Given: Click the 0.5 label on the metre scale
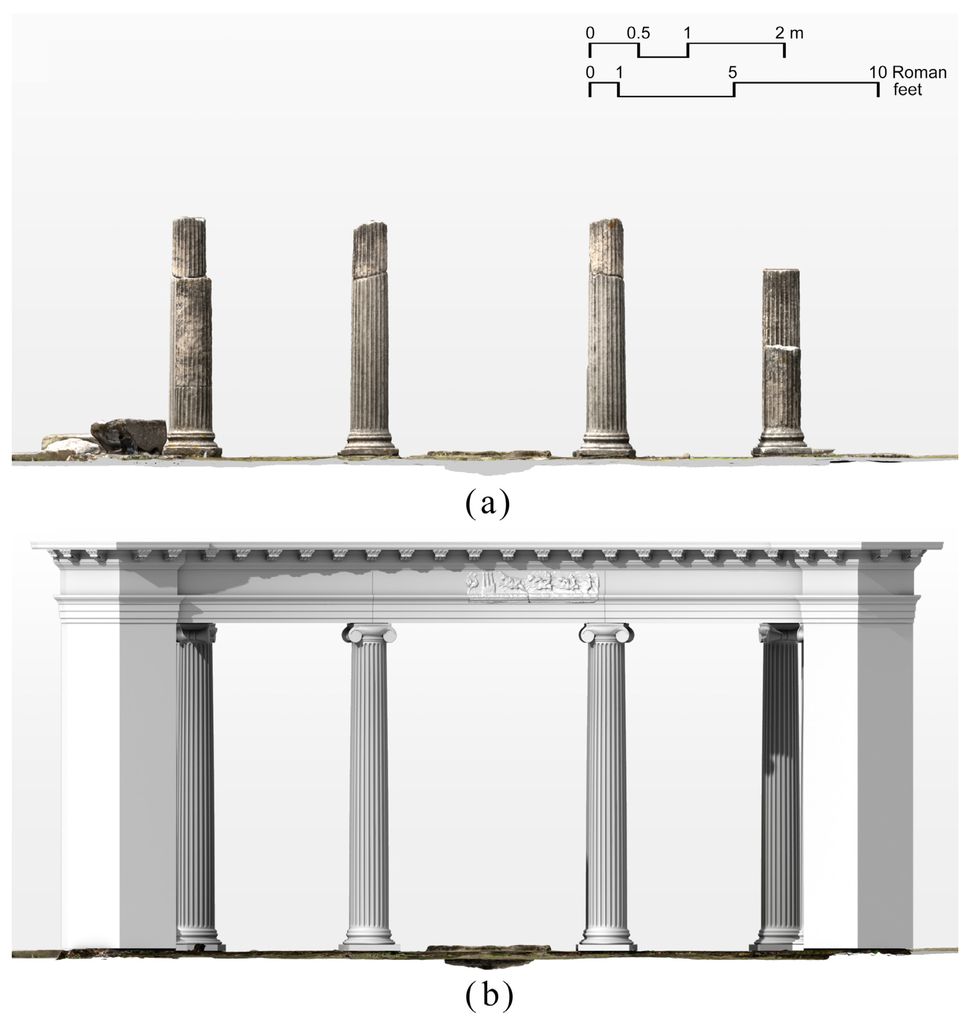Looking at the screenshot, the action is (639, 33).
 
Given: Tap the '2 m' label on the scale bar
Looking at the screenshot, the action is (789, 33).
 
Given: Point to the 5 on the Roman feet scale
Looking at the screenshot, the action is (732, 72).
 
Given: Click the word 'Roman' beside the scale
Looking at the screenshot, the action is (919, 72).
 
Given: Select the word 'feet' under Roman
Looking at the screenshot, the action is (908, 89).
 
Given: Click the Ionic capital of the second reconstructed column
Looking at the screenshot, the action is (369, 633).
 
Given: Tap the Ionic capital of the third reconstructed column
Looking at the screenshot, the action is (606, 633).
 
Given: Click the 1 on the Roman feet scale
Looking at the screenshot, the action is (619, 72).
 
